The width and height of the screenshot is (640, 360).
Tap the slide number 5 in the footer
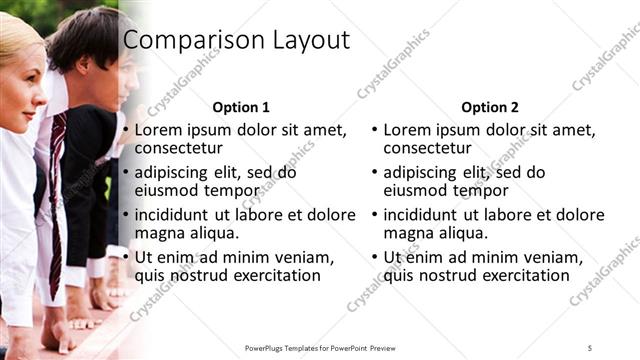(x=590, y=347)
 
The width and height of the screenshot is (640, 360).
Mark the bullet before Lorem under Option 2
(x=374, y=131)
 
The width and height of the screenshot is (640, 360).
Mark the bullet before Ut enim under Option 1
(x=125, y=258)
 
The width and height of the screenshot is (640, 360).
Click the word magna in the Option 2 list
(x=407, y=232)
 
